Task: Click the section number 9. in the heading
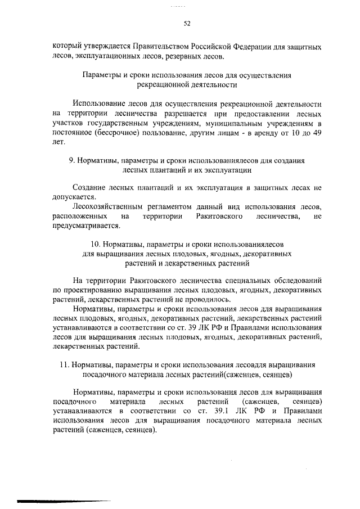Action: point(71,160)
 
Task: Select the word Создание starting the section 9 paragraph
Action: point(91,187)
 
